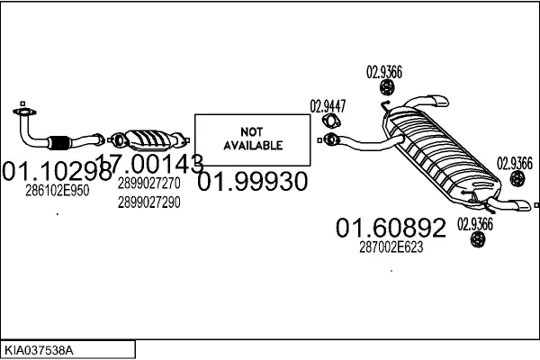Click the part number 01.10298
click(x=58, y=171)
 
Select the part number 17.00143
click(x=149, y=163)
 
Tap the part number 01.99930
click(x=252, y=181)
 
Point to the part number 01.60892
click(x=391, y=228)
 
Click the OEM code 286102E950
click(x=58, y=190)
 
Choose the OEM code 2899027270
click(x=149, y=184)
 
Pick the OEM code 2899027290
click(x=149, y=202)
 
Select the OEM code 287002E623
click(x=391, y=247)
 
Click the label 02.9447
click(x=328, y=106)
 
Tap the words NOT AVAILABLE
click(x=253, y=139)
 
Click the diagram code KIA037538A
click(x=39, y=350)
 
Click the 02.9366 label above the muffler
click(x=384, y=72)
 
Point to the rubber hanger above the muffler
click(x=387, y=87)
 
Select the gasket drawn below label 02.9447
click(x=331, y=121)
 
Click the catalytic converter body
click(x=148, y=139)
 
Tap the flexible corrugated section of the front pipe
click(x=59, y=142)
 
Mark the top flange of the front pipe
click(x=24, y=112)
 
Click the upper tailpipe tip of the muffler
click(x=441, y=101)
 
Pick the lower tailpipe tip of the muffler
click(x=522, y=205)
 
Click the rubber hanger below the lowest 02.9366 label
click(x=478, y=239)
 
